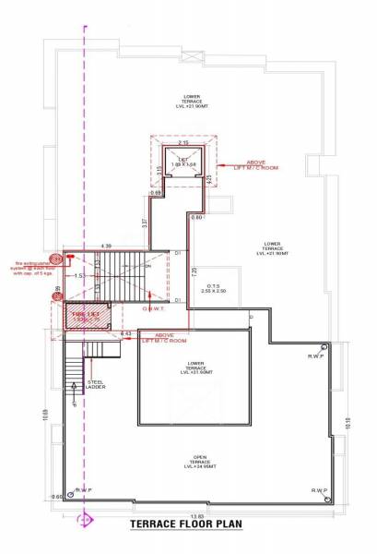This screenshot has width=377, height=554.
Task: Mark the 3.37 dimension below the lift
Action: coord(145,222)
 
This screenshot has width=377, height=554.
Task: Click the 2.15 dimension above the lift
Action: coord(183,143)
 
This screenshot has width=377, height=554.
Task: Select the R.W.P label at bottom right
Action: coord(319,489)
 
